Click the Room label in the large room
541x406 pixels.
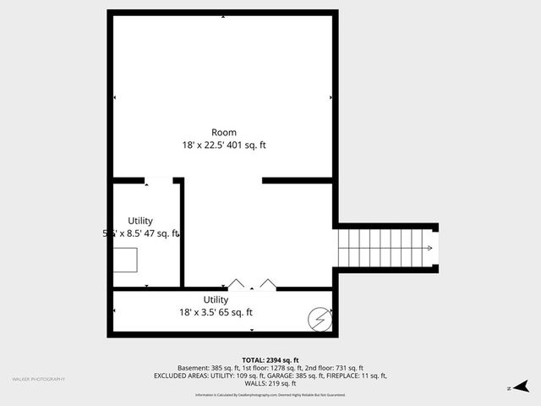tap(224, 132)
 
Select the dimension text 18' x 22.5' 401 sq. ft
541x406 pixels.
tap(224, 145)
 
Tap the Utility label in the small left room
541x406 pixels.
tap(140, 221)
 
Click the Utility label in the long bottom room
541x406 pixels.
tap(216, 299)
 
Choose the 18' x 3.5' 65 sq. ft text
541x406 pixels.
tap(216, 312)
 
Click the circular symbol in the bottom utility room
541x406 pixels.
tap(320, 319)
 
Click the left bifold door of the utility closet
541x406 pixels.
tap(238, 284)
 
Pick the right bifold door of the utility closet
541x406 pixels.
tap(267, 284)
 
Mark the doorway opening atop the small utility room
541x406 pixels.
tap(159, 180)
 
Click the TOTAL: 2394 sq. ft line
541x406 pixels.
tap(270, 359)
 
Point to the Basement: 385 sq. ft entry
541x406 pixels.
tap(209, 368)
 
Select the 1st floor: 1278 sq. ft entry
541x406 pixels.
tap(271, 368)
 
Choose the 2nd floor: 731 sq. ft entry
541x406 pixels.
tap(333, 368)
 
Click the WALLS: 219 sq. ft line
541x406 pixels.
tap(270, 383)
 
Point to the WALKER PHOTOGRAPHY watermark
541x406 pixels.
tap(38, 379)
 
